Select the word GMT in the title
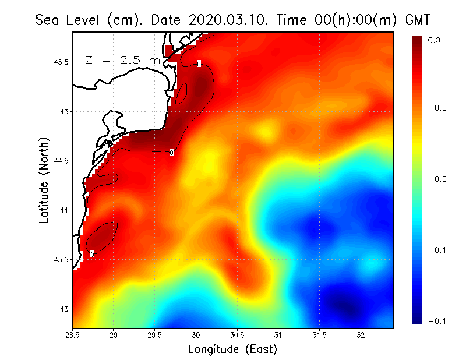click(417, 20)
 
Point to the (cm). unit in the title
click(126, 20)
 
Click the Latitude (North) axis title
click(44, 181)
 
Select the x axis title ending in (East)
click(232, 349)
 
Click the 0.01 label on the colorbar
click(436, 40)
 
